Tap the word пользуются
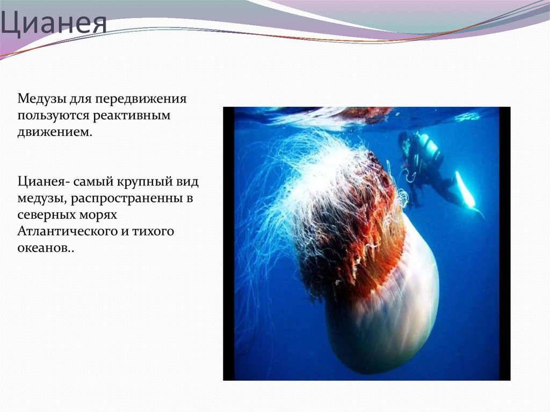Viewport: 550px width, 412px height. (x=51, y=115)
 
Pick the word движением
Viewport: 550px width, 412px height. (x=54, y=132)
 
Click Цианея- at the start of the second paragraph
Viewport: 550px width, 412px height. (x=42, y=182)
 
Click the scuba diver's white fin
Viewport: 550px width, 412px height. (x=465, y=190)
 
